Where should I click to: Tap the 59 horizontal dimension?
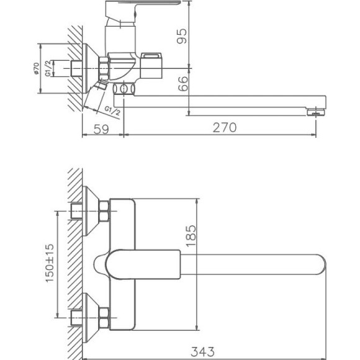pyautogui.click(x=103, y=128)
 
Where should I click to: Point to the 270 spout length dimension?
pyautogui.click(x=225, y=128)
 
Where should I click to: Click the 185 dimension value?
pyautogui.click(x=190, y=236)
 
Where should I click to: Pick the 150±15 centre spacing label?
pyautogui.click(x=49, y=264)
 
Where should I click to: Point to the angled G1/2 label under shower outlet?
pyautogui.click(x=112, y=110)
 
